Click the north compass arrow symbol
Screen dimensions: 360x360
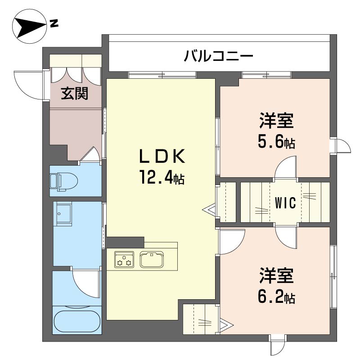pyautogui.click(x=29, y=27)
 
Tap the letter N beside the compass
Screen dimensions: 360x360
pyautogui.click(x=54, y=23)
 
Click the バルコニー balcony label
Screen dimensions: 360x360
pyautogui.click(x=218, y=56)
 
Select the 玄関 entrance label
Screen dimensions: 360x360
pyautogui.click(x=75, y=94)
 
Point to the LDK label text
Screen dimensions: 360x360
pyautogui.click(x=162, y=157)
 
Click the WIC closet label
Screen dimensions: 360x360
pyautogui.click(x=285, y=203)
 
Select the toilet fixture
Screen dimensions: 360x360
pyautogui.click(x=63, y=182)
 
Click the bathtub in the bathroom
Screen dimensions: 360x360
pyautogui.click(x=77, y=321)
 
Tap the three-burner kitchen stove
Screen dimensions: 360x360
pyautogui.click(x=124, y=260)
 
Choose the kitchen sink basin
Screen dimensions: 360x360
pyautogui.click(x=152, y=260)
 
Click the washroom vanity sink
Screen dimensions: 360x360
pyautogui.click(x=63, y=212)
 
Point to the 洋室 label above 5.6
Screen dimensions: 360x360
pyautogui.click(x=276, y=120)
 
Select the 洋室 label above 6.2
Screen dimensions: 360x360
pyautogui.click(x=276, y=275)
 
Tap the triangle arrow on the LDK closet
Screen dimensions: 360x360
pyautogui.click(x=209, y=209)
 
